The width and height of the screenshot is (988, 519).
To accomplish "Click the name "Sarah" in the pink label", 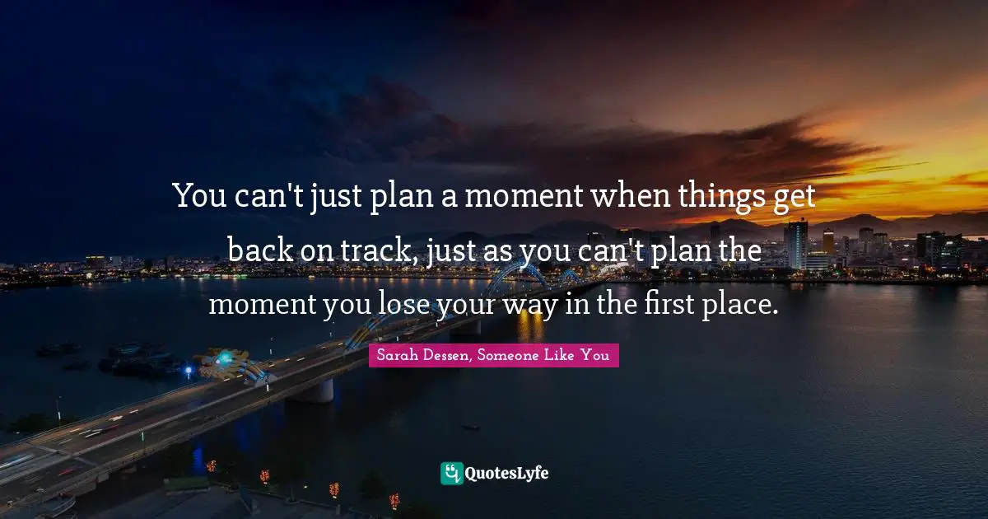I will [394, 356].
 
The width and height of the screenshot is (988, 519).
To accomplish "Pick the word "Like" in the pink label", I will [568, 356].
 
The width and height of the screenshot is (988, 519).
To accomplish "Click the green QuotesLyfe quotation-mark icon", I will [451, 473].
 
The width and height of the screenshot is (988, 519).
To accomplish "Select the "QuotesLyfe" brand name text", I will [507, 473].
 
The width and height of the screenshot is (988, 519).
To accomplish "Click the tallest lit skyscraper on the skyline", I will [795, 242].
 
